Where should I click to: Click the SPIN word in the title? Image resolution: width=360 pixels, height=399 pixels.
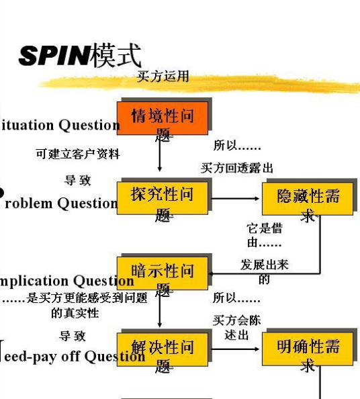54,56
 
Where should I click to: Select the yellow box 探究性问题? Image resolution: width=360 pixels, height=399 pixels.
163,198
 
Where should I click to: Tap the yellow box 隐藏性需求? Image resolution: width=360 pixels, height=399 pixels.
308,199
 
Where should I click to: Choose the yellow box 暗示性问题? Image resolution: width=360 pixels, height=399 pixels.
163,273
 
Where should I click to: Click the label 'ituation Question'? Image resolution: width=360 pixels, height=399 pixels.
60,125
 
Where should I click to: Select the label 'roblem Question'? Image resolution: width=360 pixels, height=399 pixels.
61,203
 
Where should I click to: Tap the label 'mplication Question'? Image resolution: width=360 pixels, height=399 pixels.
66,281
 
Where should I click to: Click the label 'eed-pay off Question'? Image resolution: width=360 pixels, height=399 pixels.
74,356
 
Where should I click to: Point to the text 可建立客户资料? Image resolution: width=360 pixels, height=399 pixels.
78,154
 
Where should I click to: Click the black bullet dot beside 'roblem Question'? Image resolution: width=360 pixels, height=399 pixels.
2,193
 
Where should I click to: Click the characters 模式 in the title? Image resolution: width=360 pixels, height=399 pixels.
117,55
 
